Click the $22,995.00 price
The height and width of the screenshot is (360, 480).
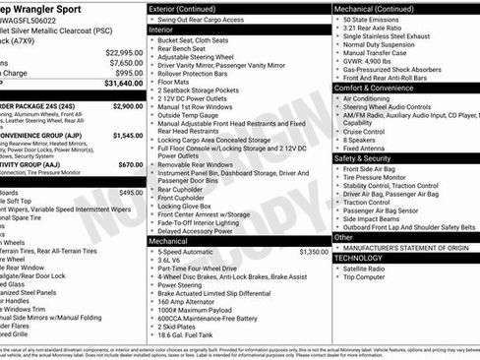[124, 52]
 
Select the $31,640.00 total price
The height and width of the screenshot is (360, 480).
[124, 84]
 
